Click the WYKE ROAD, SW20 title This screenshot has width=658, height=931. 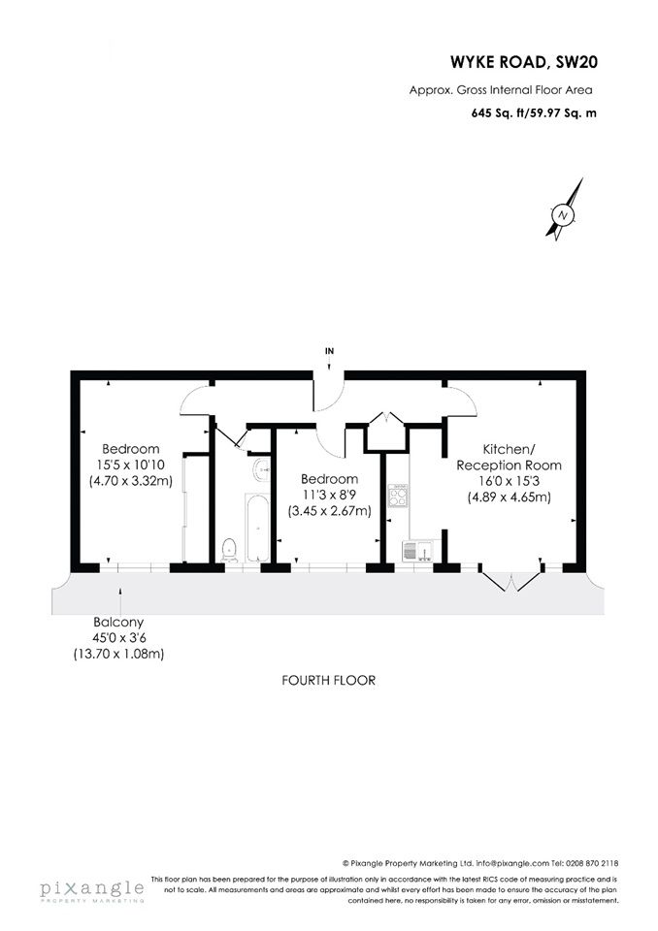pyautogui.click(x=524, y=62)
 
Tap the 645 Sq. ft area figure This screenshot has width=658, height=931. pyautogui.click(x=497, y=112)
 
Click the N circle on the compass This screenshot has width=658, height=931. pyautogui.click(x=562, y=214)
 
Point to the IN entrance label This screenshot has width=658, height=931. pyautogui.click(x=329, y=351)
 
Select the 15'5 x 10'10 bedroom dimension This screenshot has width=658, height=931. pyautogui.click(x=131, y=465)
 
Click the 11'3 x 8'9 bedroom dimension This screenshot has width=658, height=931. pyautogui.click(x=329, y=495)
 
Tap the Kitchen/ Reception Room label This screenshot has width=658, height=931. pyautogui.click(x=509, y=457)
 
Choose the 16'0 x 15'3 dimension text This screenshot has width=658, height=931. pyautogui.click(x=509, y=482)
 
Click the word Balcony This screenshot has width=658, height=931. pyautogui.click(x=118, y=623)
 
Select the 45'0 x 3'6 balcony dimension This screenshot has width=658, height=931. pyautogui.click(x=118, y=638)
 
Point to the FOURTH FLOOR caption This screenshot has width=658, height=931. pyautogui.click(x=329, y=680)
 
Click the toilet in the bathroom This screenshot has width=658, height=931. pyautogui.click(x=229, y=551)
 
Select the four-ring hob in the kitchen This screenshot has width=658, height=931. pyautogui.click(x=398, y=496)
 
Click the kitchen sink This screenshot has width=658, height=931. pyautogui.click(x=421, y=551)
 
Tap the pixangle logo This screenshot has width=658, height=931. pyautogui.click(x=92, y=890)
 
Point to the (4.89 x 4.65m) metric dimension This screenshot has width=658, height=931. pyautogui.click(x=510, y=498)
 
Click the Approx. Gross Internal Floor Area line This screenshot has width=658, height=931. pyautogui.click(x=501, y=90)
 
